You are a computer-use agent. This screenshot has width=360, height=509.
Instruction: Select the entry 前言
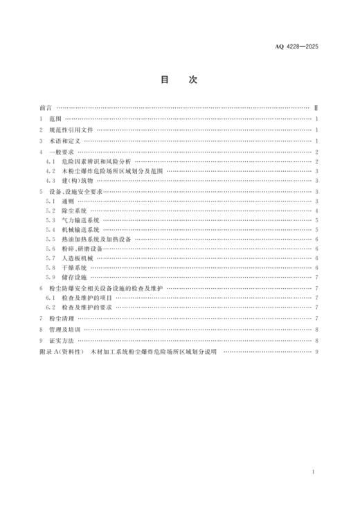pos(46,109)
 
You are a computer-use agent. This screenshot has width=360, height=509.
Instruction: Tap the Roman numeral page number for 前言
pos(316,109)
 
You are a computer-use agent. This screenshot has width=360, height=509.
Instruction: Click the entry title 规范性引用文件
pos(72,130)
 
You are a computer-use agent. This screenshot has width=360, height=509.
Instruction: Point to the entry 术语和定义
pos(67,140)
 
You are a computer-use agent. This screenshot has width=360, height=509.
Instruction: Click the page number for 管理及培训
pos(316,330)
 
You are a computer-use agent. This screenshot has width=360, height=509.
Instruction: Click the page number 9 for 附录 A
pos(316,351)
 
